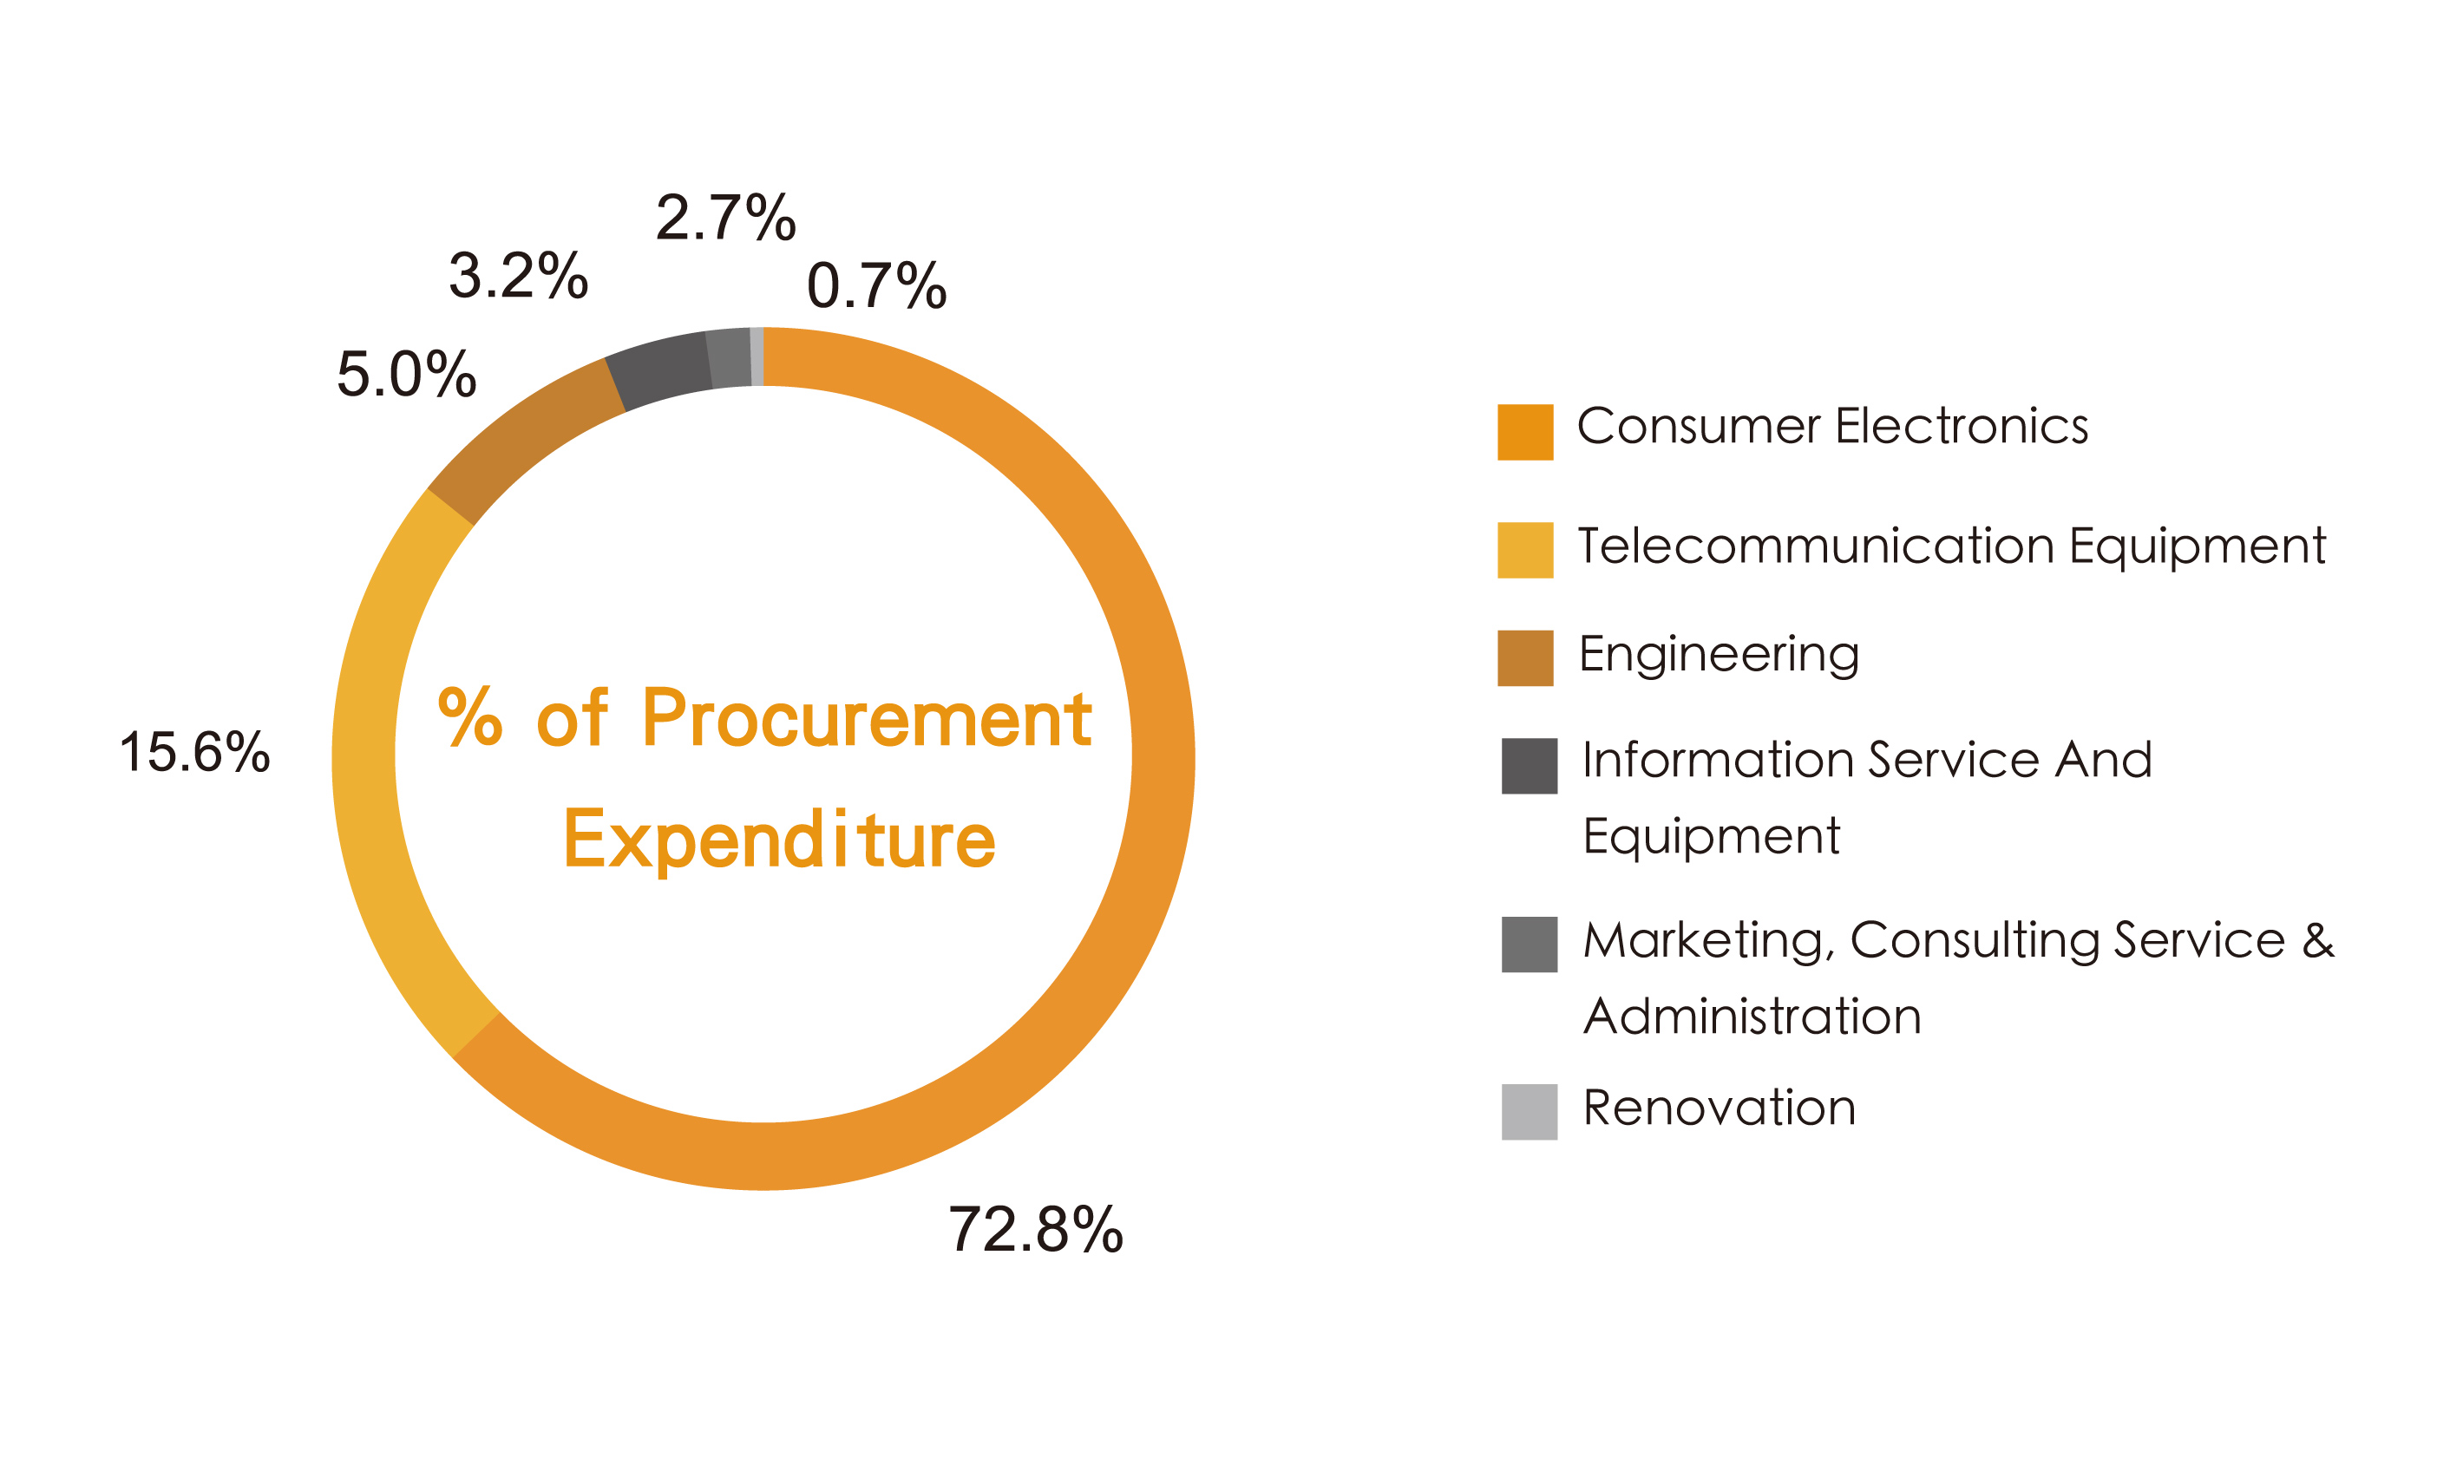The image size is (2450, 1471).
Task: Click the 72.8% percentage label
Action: click(x=1036, y=1229)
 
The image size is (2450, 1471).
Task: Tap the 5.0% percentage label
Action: click(x=407, y=374)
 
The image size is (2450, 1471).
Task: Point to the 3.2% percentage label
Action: click(x=519, y=275)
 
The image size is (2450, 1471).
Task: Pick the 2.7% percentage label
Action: click(x=726, y=217)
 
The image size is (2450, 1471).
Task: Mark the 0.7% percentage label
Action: click(x=876, y=285)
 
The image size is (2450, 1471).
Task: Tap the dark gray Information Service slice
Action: click(x=659, y=368)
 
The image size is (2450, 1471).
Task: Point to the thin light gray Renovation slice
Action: click(x=757, y=356)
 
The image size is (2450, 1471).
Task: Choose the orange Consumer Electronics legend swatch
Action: click(x=1525, y=432)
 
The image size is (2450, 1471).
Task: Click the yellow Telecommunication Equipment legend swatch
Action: click(x=1525, y=550)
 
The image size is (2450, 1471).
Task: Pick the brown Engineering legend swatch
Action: click(x=1525, y=658)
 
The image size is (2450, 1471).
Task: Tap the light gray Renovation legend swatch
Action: click(x=1529, y=1112)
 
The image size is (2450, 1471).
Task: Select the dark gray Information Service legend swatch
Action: click(x=1529, y=766)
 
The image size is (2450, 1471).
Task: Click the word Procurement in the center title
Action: click(x=867, y=717)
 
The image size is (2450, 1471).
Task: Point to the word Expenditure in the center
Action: click(x=779, y=840)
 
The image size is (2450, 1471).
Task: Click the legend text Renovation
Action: click(x=1720, y=1108)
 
